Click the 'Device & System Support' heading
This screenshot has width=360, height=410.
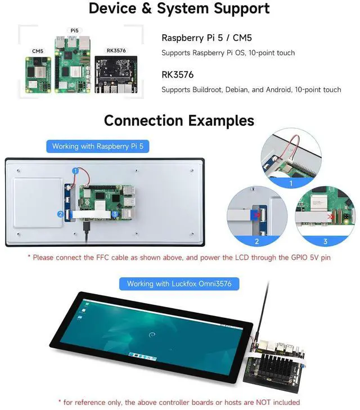pyautogui.click(x=179, y=9)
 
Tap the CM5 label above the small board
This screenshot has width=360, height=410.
pyautogui.click(x=38, y=51)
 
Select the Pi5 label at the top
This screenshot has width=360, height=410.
pyautogui.click(x=74, y=30)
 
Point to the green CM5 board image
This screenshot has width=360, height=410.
pyautogui.click(x=38, y=75)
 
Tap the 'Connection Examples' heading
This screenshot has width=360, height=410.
pyautogui.click(x=179, y=120)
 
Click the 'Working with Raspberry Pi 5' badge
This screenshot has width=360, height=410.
pyautogui.click(x=97, y=146)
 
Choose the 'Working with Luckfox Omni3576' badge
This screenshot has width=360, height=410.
pyautogui.click(x=179, y=283)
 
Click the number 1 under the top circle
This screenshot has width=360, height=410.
pyautogui.click(x=290, y=183)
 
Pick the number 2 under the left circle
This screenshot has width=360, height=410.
pyautogui.click(x=256, y=241)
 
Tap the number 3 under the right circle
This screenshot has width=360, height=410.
pyautogui.click(x=325, y=241)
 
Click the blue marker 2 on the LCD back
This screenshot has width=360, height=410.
pyautogui.click(x=60, y=214)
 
